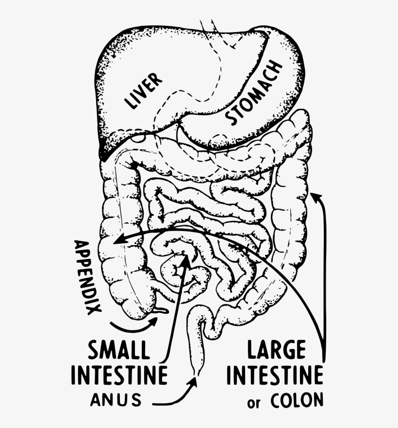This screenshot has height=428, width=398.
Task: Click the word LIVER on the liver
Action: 143,90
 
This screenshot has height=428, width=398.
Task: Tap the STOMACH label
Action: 254,92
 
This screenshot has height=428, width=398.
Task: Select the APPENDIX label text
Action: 87,277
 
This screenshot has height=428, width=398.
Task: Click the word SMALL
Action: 119,350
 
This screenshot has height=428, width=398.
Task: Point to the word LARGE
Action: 276,350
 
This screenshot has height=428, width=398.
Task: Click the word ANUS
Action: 116,400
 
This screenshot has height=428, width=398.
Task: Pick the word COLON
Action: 297,400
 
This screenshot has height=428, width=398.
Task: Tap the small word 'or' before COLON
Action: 254,403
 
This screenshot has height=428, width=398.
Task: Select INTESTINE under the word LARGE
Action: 275,375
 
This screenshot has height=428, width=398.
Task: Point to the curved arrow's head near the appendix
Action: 154,321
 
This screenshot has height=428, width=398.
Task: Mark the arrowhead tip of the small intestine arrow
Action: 186,256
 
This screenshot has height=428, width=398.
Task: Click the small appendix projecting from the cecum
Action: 161,310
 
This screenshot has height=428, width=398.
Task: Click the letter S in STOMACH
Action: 232,119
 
